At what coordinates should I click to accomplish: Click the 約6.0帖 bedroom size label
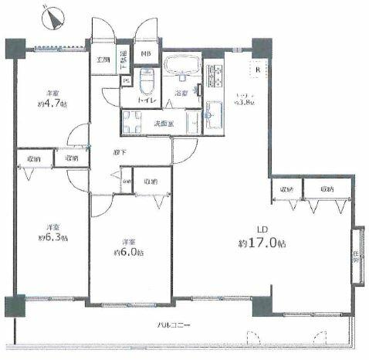(128, 253)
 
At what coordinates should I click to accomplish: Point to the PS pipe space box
(126, 81)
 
